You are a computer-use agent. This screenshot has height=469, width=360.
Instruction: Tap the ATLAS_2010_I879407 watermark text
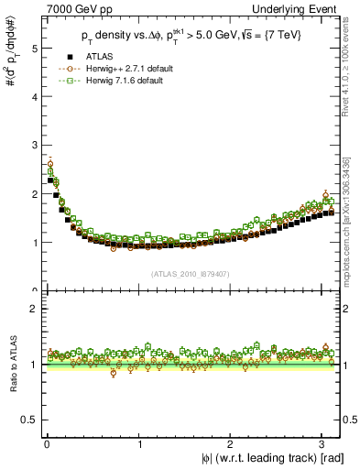pos(190,273)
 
